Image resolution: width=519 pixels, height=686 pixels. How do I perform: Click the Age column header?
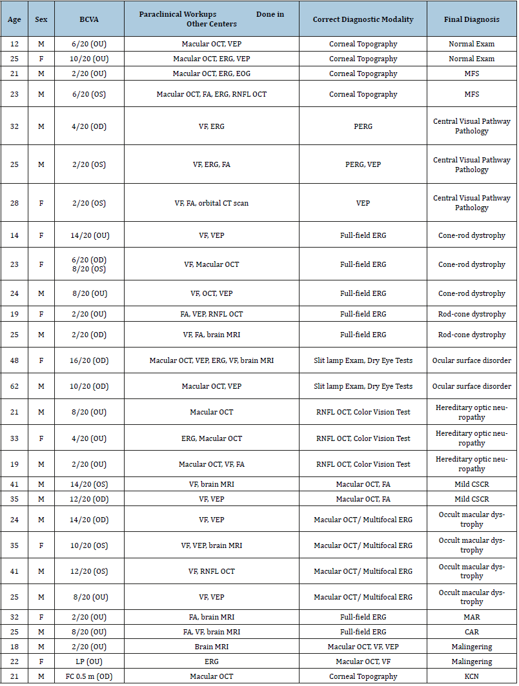14,19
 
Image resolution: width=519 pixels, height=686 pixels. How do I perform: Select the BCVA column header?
89,19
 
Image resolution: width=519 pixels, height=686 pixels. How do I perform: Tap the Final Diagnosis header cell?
471,19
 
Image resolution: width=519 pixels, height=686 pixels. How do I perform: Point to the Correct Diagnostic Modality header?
363,19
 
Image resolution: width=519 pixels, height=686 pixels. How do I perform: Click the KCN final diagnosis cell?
471,676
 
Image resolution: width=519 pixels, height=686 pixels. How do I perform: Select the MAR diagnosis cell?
471,617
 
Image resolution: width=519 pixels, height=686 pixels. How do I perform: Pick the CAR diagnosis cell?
471,632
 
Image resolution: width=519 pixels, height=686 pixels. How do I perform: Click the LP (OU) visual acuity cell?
89,661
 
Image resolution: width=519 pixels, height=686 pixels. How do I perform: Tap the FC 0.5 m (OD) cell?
89,676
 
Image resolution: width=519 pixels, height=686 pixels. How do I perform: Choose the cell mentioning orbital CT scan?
211,203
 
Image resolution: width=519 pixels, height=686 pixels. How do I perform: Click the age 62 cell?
14,386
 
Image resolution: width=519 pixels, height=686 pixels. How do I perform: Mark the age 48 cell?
14,360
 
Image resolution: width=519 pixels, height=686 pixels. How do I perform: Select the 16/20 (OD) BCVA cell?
89,360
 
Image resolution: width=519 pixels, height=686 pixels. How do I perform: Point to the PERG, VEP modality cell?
363,164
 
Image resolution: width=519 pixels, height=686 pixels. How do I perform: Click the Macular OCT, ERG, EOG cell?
211,73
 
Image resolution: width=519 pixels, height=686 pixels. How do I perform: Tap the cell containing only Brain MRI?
211,647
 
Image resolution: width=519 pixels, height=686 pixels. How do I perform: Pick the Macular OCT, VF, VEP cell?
363,647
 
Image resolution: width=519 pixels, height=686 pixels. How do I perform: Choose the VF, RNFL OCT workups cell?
211,571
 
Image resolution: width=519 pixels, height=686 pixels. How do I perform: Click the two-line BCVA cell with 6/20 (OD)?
89,264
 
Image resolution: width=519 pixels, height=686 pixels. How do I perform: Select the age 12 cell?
14,44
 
